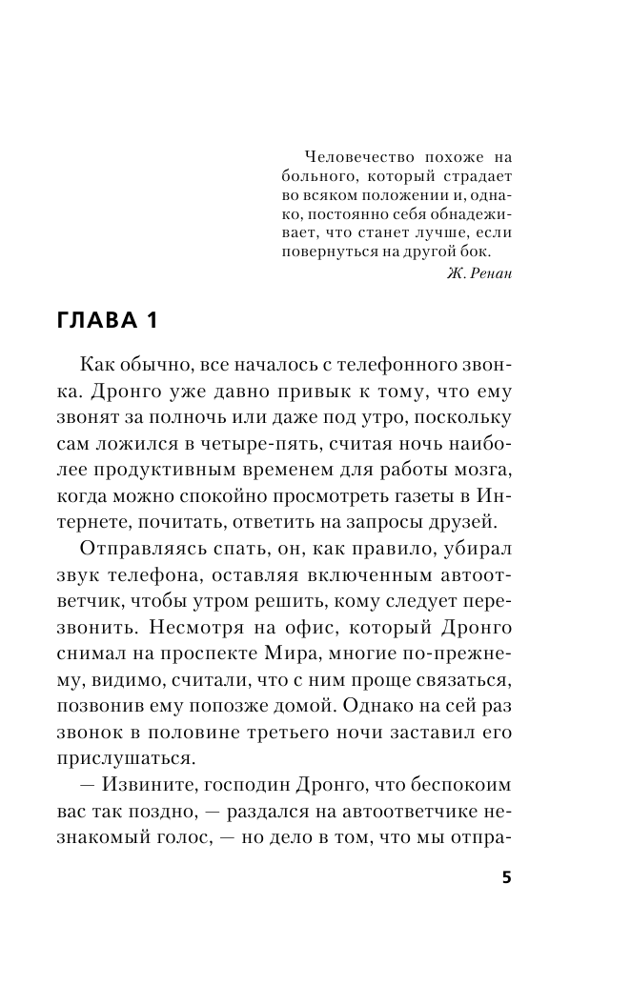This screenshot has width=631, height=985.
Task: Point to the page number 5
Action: [507, 877]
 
